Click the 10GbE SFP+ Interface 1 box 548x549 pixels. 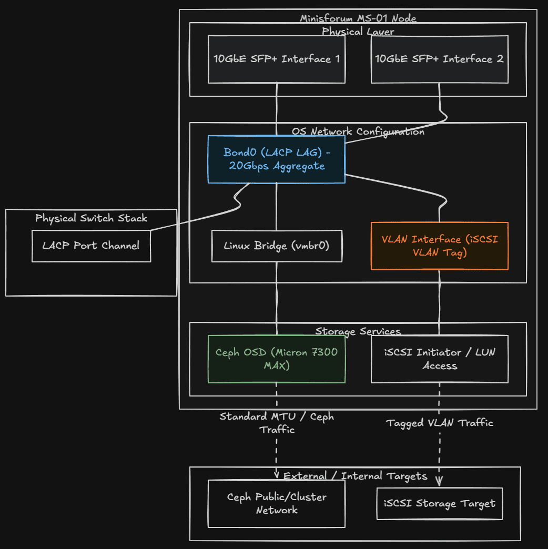pyautogui.click(x=276, y=59)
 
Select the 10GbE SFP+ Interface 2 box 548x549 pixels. pyautogui.click(x=439, y=59)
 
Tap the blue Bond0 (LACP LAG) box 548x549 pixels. pyautogui.click(x=276, y=159)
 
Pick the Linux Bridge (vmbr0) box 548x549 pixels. pyautogui.click(x=276, y=246)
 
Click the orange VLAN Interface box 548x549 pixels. pyautogui.click(x=439, y=246)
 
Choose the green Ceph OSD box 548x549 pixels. pyautogui.click(x=276, y=359)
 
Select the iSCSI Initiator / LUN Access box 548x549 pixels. pyautogui.click(x=439, y=359)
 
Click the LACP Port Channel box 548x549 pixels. pyautogui.click(x=91, y=246)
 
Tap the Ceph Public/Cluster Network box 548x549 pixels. pyautogui.click(x=276, y=503)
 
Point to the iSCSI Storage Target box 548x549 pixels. pyautogui.click(x=439, y=503)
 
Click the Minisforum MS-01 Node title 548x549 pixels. pyautogui.click(x=358, y=18)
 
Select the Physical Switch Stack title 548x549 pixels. pyautogui.click(x=91, y=218)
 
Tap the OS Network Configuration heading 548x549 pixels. pyautogui.click(x=358, y=131)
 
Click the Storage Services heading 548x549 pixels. pyautogui.click(x=358, y=331)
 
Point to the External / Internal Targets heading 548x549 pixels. pyautogui.click(x=355, y=476)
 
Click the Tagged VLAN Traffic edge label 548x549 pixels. pyautogui.click(x=439, y=423)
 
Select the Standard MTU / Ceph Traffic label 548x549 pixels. pyautogui.click(x=276, y=423)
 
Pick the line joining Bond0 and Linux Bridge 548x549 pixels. pyautogui.click(x=277, y=206)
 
